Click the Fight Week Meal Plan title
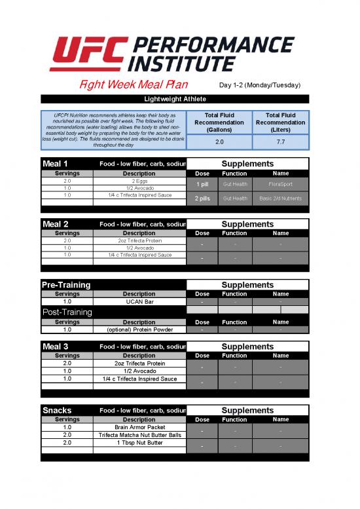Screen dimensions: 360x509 click(134, 85)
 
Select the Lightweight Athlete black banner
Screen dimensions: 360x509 click(175, 99)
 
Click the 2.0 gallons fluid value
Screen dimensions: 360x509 click(219, 141)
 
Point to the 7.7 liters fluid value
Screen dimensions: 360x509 click(280, 141)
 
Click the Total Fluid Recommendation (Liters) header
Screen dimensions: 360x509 click(280, 123)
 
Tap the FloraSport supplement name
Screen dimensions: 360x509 click(280, 184)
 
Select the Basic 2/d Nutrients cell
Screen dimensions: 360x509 click(280, 198)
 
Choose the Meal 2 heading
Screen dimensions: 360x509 click(56, 224)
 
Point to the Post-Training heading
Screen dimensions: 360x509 click(67, 312)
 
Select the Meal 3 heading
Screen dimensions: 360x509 click(56, 347)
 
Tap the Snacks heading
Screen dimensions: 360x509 click(57, 410)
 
